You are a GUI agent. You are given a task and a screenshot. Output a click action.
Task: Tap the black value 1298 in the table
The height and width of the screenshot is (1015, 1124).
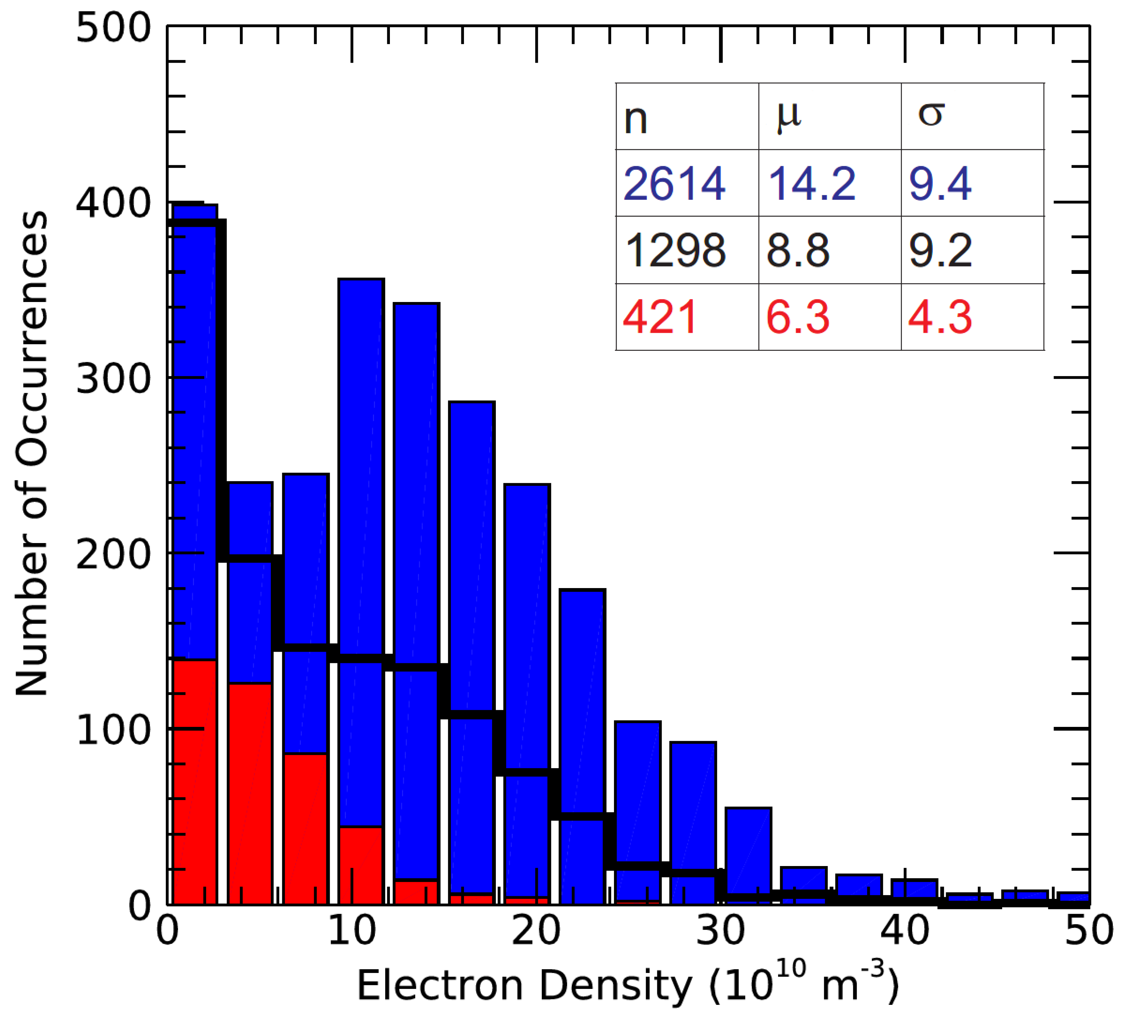675,251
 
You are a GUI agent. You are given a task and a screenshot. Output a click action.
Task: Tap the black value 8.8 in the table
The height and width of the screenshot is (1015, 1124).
798,251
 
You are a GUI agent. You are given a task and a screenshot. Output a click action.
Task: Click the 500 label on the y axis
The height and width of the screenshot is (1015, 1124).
113,28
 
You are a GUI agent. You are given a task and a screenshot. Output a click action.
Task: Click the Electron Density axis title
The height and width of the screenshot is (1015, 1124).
627,986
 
